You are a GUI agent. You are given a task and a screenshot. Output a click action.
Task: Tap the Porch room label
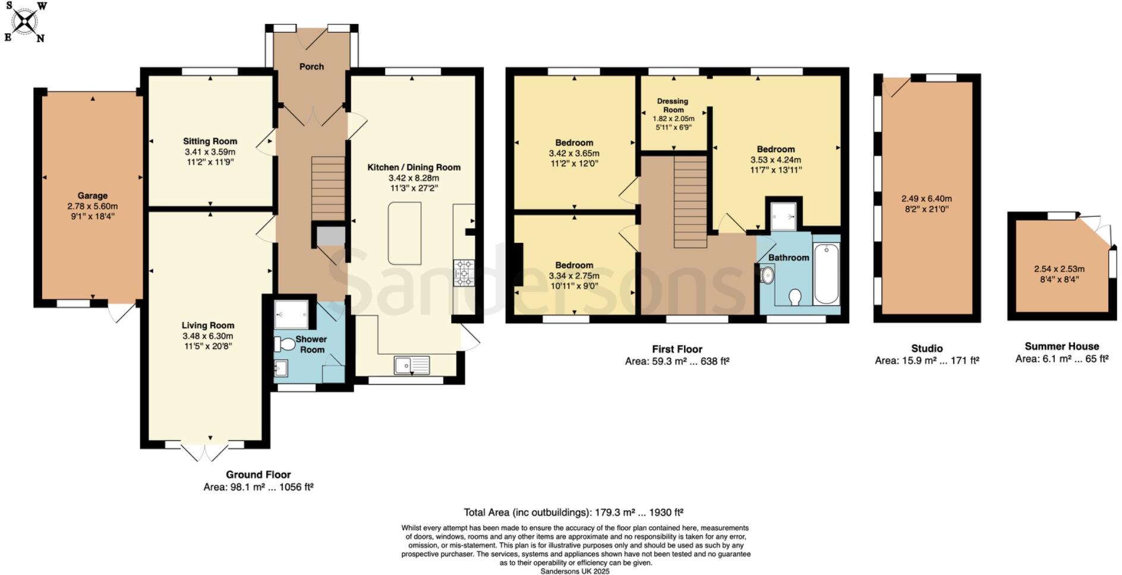311,67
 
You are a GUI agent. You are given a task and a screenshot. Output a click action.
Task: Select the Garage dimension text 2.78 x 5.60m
93,206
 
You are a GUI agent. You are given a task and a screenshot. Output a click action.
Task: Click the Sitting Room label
210,141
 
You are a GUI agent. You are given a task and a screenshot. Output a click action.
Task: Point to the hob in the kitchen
464,273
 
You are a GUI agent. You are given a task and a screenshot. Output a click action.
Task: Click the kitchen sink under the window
412,364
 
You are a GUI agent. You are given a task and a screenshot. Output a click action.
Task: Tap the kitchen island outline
405,233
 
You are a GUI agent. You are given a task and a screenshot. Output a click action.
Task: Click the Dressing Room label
673,105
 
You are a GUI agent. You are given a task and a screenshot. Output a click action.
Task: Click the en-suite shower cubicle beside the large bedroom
783,214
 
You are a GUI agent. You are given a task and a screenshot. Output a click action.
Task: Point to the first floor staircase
690,202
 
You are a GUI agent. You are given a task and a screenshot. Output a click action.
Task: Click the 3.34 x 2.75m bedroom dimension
574,276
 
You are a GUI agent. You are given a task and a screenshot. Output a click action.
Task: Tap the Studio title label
926,348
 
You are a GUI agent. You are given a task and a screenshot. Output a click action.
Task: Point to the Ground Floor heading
258,474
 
